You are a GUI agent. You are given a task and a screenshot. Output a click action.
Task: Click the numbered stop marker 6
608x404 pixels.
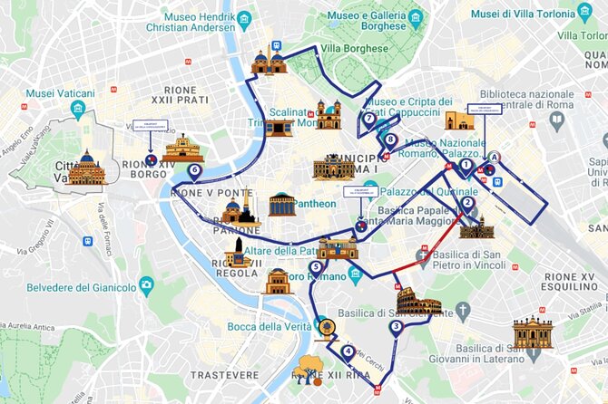pos(193,169)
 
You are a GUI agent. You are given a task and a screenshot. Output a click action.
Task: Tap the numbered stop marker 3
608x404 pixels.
pos(396,327)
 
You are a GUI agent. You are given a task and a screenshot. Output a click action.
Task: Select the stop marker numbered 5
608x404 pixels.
pos(315,267)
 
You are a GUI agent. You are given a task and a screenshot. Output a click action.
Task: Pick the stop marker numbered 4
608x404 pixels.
pos(348,351)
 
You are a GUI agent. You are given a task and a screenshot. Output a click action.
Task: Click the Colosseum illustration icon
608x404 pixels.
pos(418,303)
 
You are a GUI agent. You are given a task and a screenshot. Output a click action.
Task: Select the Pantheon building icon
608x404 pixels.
pos(282,204)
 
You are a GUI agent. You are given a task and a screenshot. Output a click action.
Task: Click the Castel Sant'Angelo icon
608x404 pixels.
pos(182,149)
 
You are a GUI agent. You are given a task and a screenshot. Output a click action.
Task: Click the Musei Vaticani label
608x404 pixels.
pos(60,93)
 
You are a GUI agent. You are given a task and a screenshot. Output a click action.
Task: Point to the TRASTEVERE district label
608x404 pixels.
pos(224,374)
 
